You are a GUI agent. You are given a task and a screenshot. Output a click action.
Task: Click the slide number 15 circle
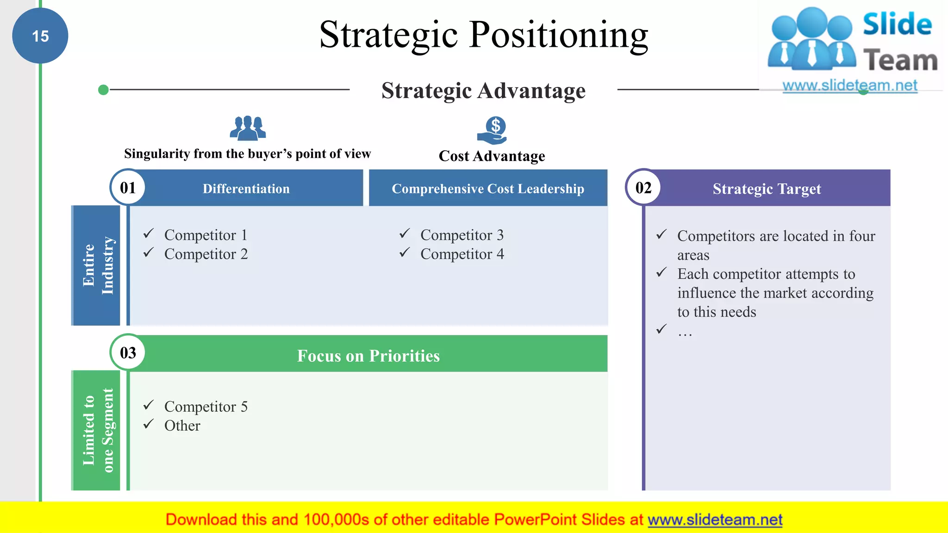click(x=40, y=36)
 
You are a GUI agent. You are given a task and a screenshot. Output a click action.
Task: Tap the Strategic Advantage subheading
click(x=483, y=90)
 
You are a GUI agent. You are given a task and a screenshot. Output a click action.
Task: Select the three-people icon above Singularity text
click(x=248, y=128)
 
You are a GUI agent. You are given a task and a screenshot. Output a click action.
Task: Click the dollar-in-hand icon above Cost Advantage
click(x=493, y=130)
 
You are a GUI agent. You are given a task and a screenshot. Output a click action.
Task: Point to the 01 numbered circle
click(x=128, y=187)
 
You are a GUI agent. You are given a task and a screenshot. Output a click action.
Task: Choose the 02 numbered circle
click(x=643, y=187)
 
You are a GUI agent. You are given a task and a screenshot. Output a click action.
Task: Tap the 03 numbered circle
click(x=128, y=353)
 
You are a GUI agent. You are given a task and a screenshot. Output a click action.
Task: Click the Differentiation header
click(x=246, y=189)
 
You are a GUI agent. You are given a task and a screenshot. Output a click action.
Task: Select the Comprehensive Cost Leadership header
click(x=488, y=189)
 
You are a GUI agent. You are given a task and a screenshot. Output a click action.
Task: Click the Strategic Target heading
click(x=767, y=189)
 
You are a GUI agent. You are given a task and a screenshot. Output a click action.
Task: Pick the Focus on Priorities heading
click(x=368, y=355)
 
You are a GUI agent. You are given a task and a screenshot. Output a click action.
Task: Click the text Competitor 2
click(x=206, y=254)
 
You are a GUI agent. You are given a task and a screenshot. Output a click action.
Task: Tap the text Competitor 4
click(x=462, y=254)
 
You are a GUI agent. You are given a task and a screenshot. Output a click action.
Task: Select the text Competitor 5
click(x=206, y=407)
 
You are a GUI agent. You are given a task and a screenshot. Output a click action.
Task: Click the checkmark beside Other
click(x=149, y=424)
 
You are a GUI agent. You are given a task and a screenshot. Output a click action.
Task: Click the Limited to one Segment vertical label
click(x=97, y=430)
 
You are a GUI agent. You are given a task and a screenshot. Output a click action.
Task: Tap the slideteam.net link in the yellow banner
click(x=715, y=520)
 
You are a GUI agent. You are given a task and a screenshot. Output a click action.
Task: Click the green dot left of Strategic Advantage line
click(x=104, y=90)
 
